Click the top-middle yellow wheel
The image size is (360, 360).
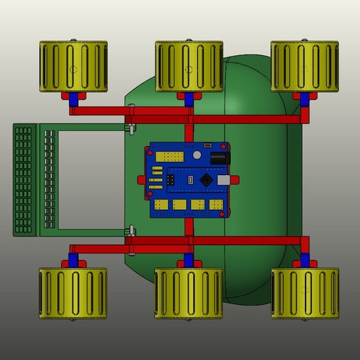(x=188, y=67)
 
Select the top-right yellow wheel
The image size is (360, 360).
(x=304, y=67)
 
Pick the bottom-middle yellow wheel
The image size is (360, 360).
(x=188, y=294)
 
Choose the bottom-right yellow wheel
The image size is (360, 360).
(x=304, y=294)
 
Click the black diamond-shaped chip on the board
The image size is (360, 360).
(x=207, y=180)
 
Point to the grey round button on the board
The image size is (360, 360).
(x=197, y=154)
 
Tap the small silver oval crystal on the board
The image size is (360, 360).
(x=191, y=181)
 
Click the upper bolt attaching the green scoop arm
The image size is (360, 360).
(x=130, y=128)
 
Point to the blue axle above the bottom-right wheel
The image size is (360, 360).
(x=304, y=262)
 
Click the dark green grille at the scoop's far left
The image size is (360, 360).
(x=25, y=179)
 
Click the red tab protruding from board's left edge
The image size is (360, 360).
(x=143, y=180)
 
